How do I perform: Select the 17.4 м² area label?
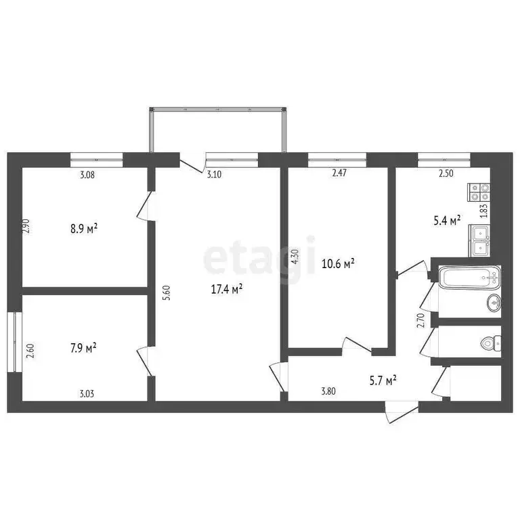227,289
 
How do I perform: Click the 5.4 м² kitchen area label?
447,219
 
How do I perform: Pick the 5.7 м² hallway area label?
381,381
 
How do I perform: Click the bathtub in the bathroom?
469,277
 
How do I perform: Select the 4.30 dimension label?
294,257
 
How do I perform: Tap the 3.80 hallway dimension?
328,390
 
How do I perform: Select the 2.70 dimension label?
420,320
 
